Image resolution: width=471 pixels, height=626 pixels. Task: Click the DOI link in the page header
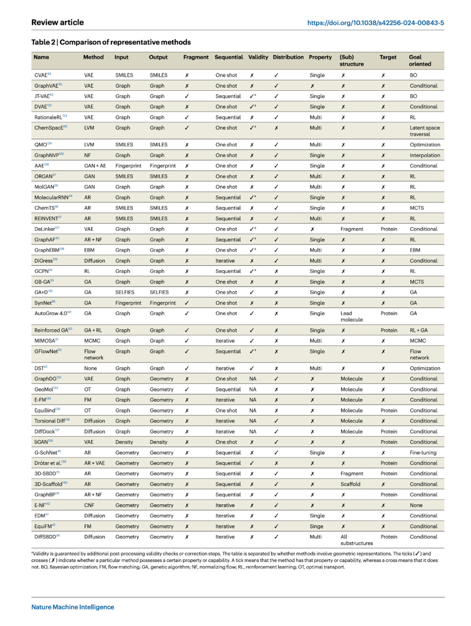375,23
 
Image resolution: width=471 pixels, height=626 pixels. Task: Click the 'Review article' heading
58,22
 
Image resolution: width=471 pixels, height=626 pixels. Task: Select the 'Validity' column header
258,57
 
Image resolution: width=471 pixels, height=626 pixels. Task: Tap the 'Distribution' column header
288,57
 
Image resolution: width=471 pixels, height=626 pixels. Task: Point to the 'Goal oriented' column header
420,61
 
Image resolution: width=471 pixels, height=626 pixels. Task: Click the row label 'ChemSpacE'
49,128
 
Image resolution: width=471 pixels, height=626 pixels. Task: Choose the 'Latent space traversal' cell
424,131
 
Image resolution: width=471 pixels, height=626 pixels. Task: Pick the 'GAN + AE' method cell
95,166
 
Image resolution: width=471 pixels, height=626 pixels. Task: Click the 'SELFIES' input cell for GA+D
125,292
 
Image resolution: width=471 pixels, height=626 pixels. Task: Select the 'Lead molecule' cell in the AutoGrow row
352,316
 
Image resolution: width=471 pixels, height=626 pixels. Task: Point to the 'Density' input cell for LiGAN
124,442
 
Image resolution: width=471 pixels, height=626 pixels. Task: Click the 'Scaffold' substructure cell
350,484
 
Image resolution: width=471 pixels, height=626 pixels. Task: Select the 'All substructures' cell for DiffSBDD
356,540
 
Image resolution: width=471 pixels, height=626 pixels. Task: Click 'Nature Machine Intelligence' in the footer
73,607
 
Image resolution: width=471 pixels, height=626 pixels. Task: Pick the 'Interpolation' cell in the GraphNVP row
425,155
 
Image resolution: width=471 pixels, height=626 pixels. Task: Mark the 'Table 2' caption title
111,42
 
